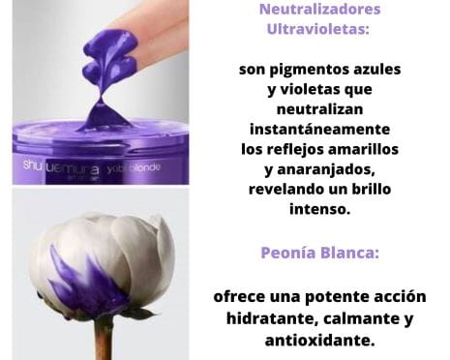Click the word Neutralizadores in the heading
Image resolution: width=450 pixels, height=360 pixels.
319,9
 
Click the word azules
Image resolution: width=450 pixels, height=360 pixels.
377,69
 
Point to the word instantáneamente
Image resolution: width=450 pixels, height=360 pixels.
319,129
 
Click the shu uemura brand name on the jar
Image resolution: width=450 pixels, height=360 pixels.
61,168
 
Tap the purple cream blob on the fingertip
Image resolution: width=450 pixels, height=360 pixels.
109,55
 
